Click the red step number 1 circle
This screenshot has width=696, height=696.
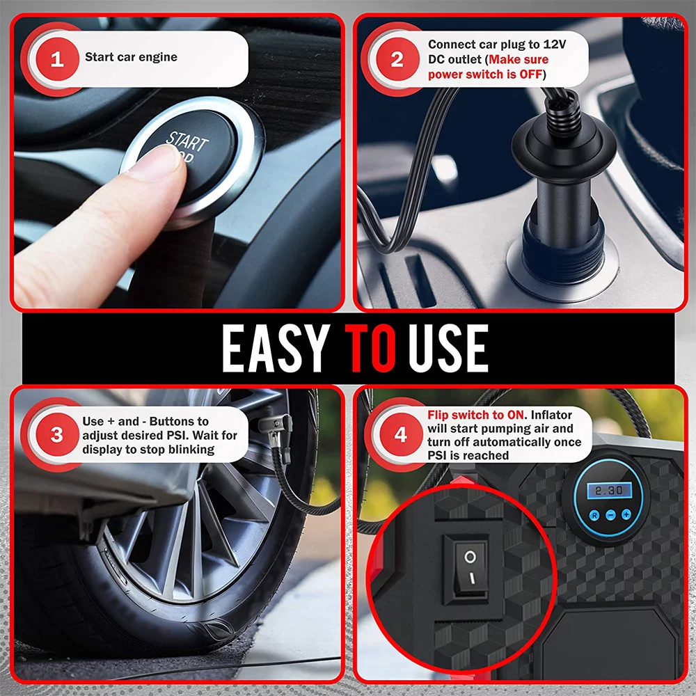tap(56, 59)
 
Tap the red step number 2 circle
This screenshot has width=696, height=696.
tap(397, 59)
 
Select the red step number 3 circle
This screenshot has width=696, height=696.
tap(56, 435)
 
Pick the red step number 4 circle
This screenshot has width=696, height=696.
tap(400, 436)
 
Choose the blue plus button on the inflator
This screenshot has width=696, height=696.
tap(626, 514)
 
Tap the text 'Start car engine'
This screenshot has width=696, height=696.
tap(131, 57)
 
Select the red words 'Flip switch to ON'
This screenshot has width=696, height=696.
tap(478, 416)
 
